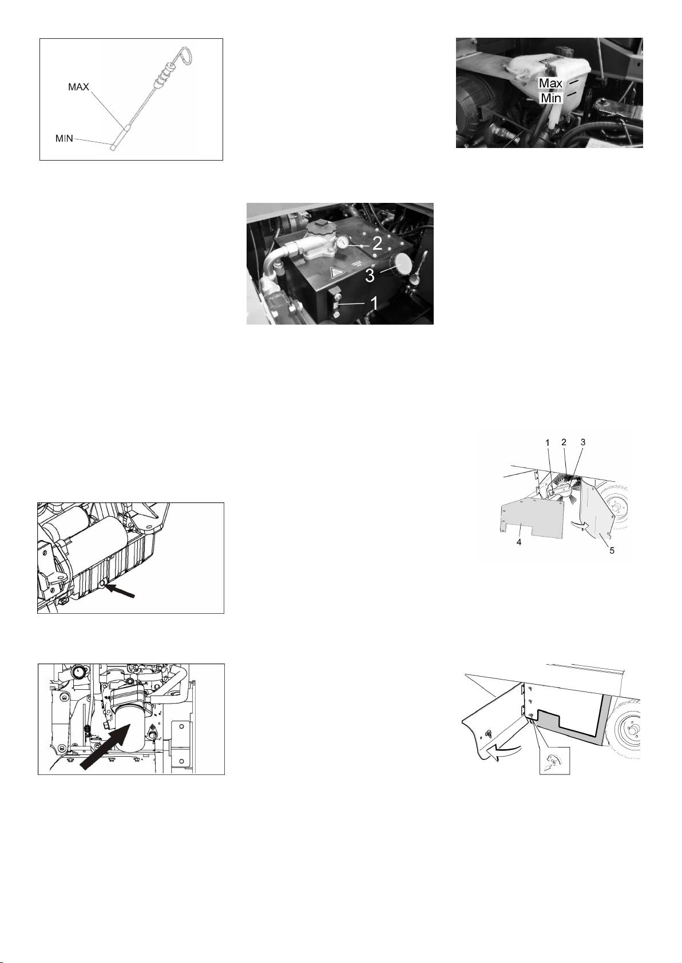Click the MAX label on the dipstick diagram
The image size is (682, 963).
(x=78, y=87)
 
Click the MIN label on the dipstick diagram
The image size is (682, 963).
(x=64, y=138)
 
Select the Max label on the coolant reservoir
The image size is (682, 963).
(x=551, y=83)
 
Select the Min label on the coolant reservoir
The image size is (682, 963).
(x=551, y=98)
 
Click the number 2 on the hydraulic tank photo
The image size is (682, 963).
(x=377, y=244)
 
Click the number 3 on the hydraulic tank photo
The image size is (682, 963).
(x=370, y=275)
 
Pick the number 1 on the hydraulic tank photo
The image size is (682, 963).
(x=374, y=303)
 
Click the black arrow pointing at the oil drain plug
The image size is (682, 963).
(x=121, y=590)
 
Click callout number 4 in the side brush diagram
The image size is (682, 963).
(x=519, y=542)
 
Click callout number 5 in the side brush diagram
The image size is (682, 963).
(x=612, y=550)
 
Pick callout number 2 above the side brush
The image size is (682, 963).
(x=564, y=442)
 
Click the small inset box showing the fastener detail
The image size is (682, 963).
(x=554, y=761)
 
